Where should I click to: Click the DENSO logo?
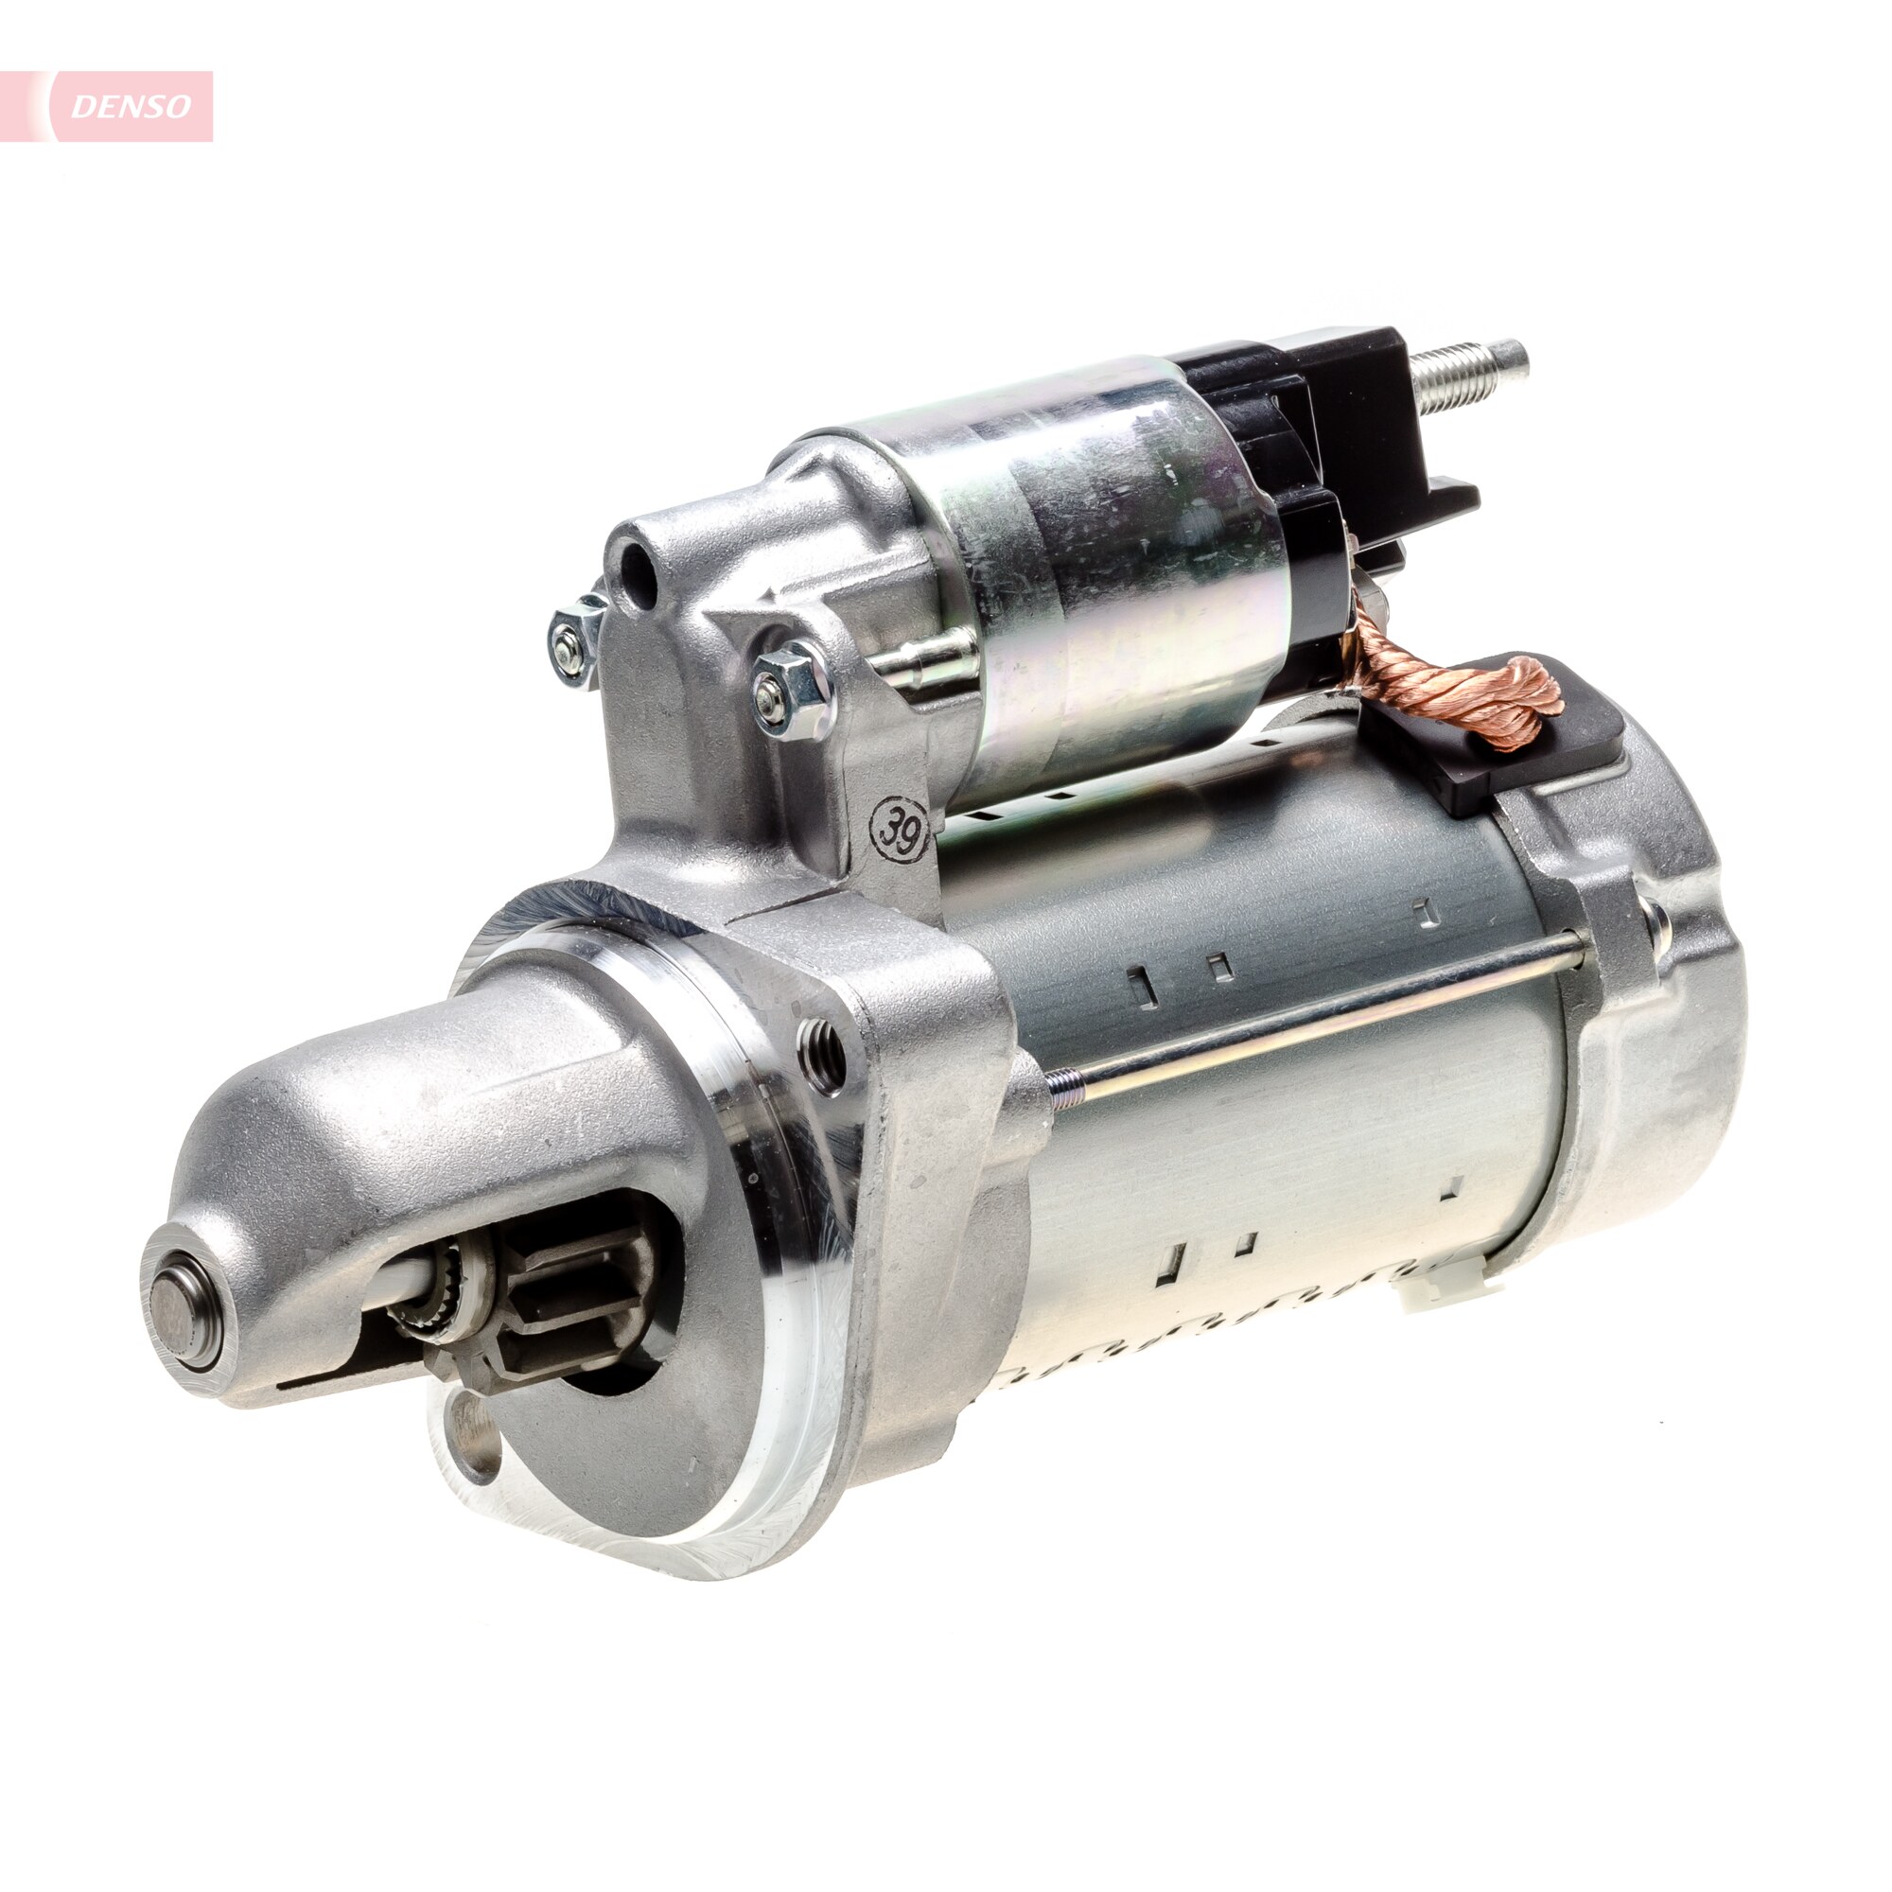131,107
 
